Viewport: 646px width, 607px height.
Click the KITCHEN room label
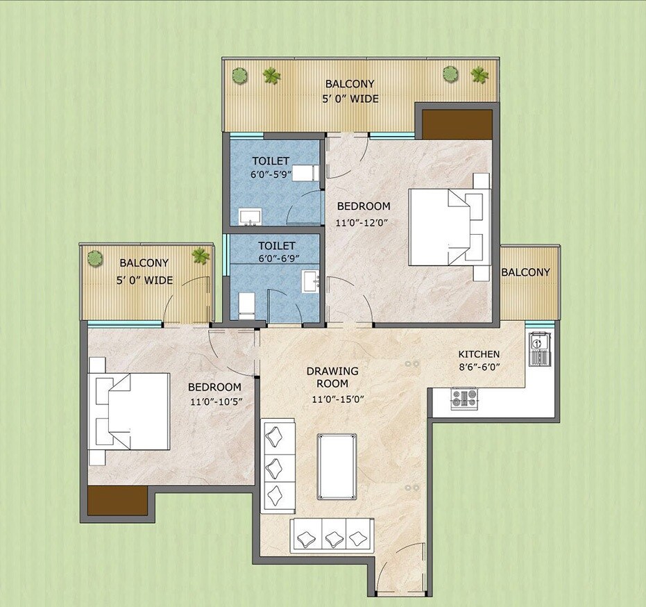click(x=479, y=354)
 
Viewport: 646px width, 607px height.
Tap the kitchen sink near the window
click(x=539, y=349)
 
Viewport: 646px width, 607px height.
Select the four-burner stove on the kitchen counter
click(x=464, y=399)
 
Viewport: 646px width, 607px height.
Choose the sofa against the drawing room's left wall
click(x=278, y=465)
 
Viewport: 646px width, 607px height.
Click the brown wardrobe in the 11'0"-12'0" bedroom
click(x=457, y=124)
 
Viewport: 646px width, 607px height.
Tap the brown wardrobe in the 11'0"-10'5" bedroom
click(x=117, y=499)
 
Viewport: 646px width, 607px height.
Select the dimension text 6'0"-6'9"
click(x=275, y=258)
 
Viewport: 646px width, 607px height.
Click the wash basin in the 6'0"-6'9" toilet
click(x=311, y=281)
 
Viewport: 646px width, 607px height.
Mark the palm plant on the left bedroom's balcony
click(x=201, y=256)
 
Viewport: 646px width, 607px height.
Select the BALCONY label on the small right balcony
click(x=526, y=272)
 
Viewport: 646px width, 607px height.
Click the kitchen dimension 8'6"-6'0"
click(x=479, y=368)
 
